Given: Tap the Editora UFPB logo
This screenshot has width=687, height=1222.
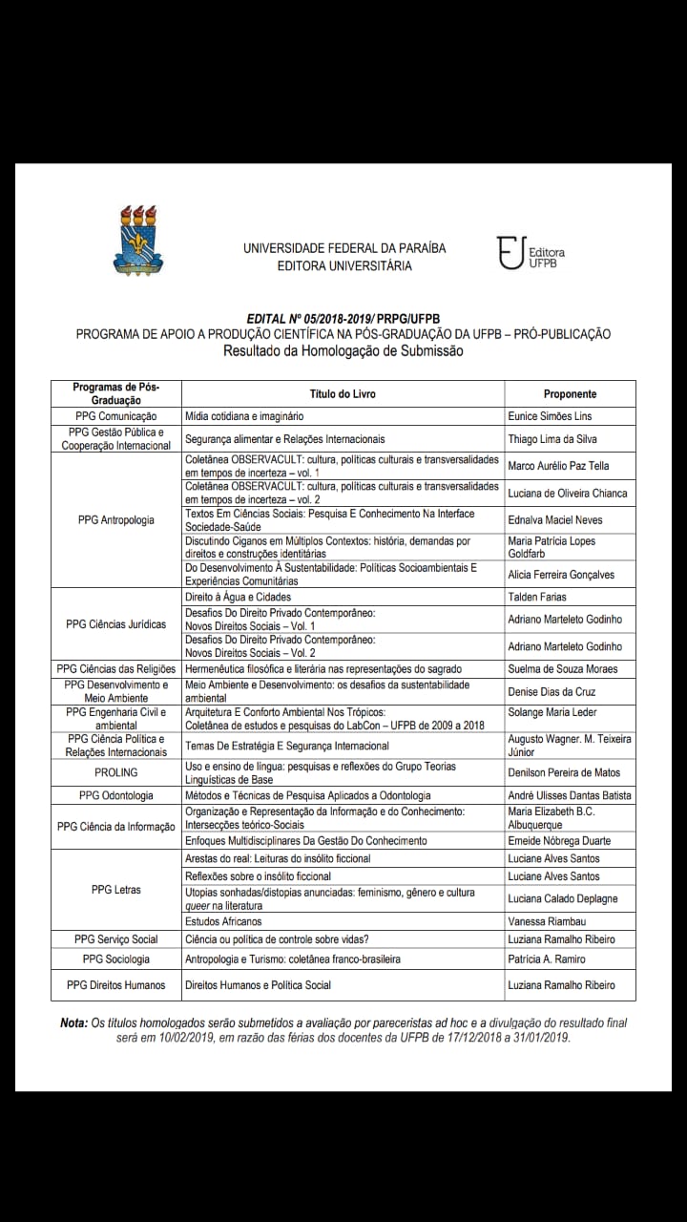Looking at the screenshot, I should (531, 254).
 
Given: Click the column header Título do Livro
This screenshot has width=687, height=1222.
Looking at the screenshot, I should (343, 393).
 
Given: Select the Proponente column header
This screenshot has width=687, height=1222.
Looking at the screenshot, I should (570, 393).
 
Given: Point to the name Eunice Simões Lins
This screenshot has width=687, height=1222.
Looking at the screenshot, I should (550, 416).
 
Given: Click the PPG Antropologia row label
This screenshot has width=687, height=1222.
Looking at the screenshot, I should (116, 520).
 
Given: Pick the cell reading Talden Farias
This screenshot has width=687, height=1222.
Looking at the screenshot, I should (537, 597).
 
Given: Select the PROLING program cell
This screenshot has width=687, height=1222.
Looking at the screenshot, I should (116, 772).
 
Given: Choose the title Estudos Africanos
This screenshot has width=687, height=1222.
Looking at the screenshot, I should (223, 921).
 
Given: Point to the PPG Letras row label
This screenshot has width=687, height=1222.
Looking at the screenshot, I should (116, 890).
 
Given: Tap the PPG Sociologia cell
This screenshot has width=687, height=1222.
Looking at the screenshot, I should (116, 959).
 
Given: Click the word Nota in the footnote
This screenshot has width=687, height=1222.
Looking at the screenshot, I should (73, 1022).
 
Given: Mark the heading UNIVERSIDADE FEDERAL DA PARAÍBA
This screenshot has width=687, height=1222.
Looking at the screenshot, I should (344, 248).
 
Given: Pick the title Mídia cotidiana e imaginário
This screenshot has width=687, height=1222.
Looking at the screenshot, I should (244, 416).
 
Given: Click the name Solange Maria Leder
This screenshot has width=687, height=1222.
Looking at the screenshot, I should (552, 713).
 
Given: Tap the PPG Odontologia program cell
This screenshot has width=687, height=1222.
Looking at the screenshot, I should (116, 795).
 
